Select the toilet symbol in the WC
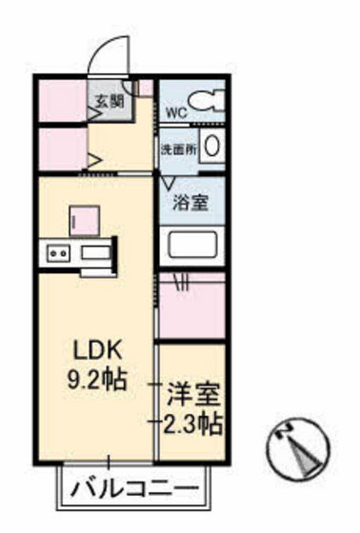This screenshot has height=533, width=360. (x=206, y=100)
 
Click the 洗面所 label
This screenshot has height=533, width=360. (x=176, y=148)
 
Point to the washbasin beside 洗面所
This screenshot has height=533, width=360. (x=212, y=148)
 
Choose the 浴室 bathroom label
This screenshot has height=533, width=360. (x=189, y=202)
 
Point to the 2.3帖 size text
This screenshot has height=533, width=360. (x=192, y=419)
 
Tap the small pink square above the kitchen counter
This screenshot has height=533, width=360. (x=80, y=221)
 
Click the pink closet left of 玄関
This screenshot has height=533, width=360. (x=62, y=102)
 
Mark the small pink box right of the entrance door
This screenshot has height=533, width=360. (x=143, y=88)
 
